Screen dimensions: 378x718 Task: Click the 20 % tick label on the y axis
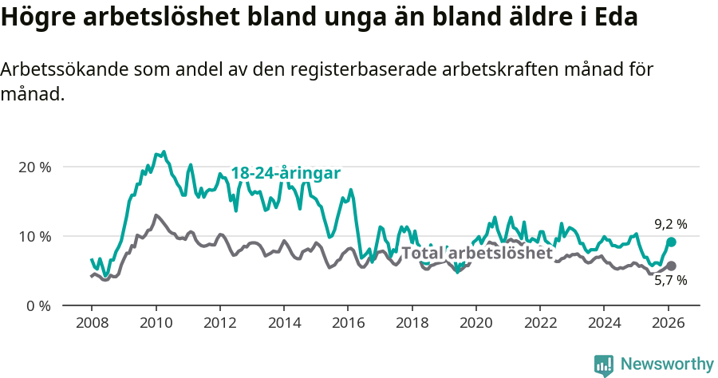(34, 167)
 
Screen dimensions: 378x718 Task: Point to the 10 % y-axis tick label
(34, 236)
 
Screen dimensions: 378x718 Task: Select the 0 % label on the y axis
(37, 305)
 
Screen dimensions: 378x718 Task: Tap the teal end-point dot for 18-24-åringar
(671, 242)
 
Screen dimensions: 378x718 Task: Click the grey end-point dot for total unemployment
(671, 266)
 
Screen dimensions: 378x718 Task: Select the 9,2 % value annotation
(670, 225)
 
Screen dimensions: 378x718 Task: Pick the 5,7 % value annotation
(670, 281)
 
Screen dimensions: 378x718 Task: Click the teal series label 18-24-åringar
(286, 173)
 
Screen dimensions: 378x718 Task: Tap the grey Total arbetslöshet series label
(477, 254)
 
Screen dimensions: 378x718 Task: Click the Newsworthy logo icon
(604, 364)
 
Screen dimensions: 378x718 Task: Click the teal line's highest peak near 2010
(164, 152)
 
